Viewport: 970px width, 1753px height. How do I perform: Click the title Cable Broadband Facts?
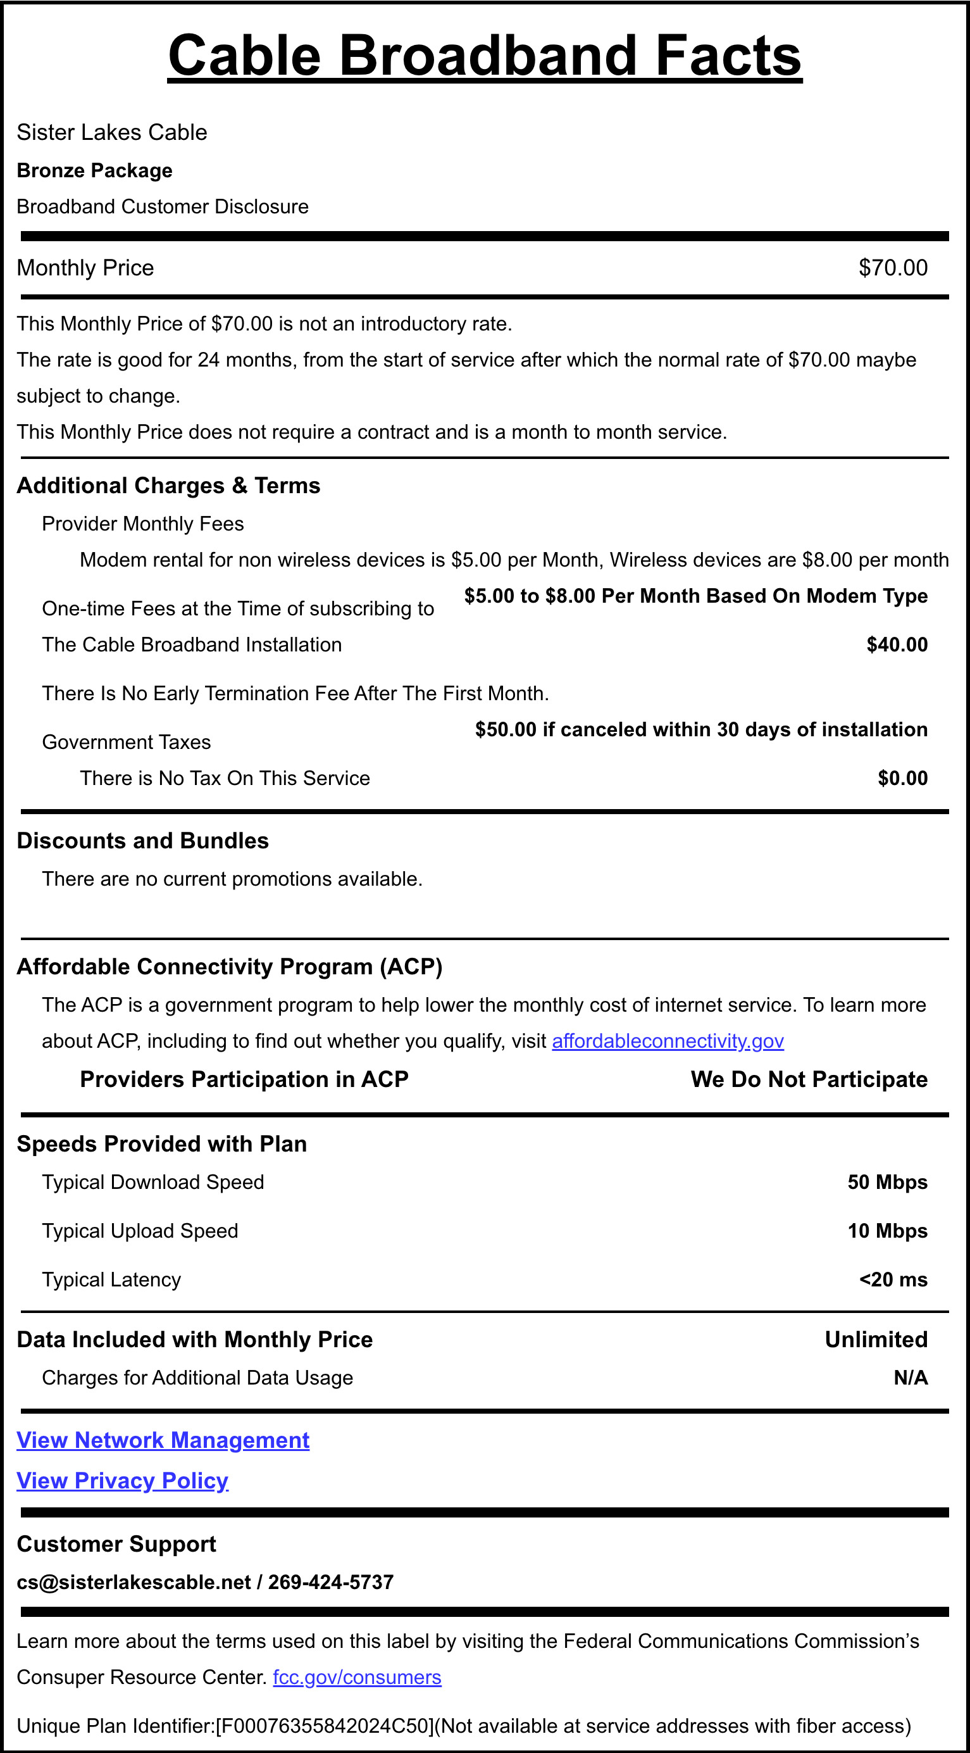pos(484,56)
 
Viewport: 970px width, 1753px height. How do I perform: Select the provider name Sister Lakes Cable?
pos(111,132)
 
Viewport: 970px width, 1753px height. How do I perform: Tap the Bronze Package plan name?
pos(94,170)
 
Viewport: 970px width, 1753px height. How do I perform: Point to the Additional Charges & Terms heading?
pos(168,485)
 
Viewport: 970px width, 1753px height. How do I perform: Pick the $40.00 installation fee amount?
pos(897,644)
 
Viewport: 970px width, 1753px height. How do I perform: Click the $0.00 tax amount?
pos(902,778)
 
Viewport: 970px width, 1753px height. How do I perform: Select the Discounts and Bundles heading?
pos(143,841)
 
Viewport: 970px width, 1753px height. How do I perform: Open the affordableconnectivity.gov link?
pos(668,1041)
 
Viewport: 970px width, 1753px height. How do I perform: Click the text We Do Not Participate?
pos(809,1079)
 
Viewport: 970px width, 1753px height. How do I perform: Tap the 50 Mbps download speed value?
pos(887,1182)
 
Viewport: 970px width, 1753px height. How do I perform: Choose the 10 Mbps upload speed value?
pos(887,1231)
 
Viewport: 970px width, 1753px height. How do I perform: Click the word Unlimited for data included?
pos(876,1339)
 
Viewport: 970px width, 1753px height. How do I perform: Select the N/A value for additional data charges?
pos(910,1378)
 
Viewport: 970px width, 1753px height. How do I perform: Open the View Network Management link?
pos(163,1440)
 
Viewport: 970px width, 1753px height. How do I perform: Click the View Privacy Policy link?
pos(123,1481)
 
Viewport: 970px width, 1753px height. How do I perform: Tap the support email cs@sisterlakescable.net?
pos(134,1582)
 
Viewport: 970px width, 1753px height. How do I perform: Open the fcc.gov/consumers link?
pos(357,1678)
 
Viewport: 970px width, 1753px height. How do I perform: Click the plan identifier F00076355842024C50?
pos(324,1726)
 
